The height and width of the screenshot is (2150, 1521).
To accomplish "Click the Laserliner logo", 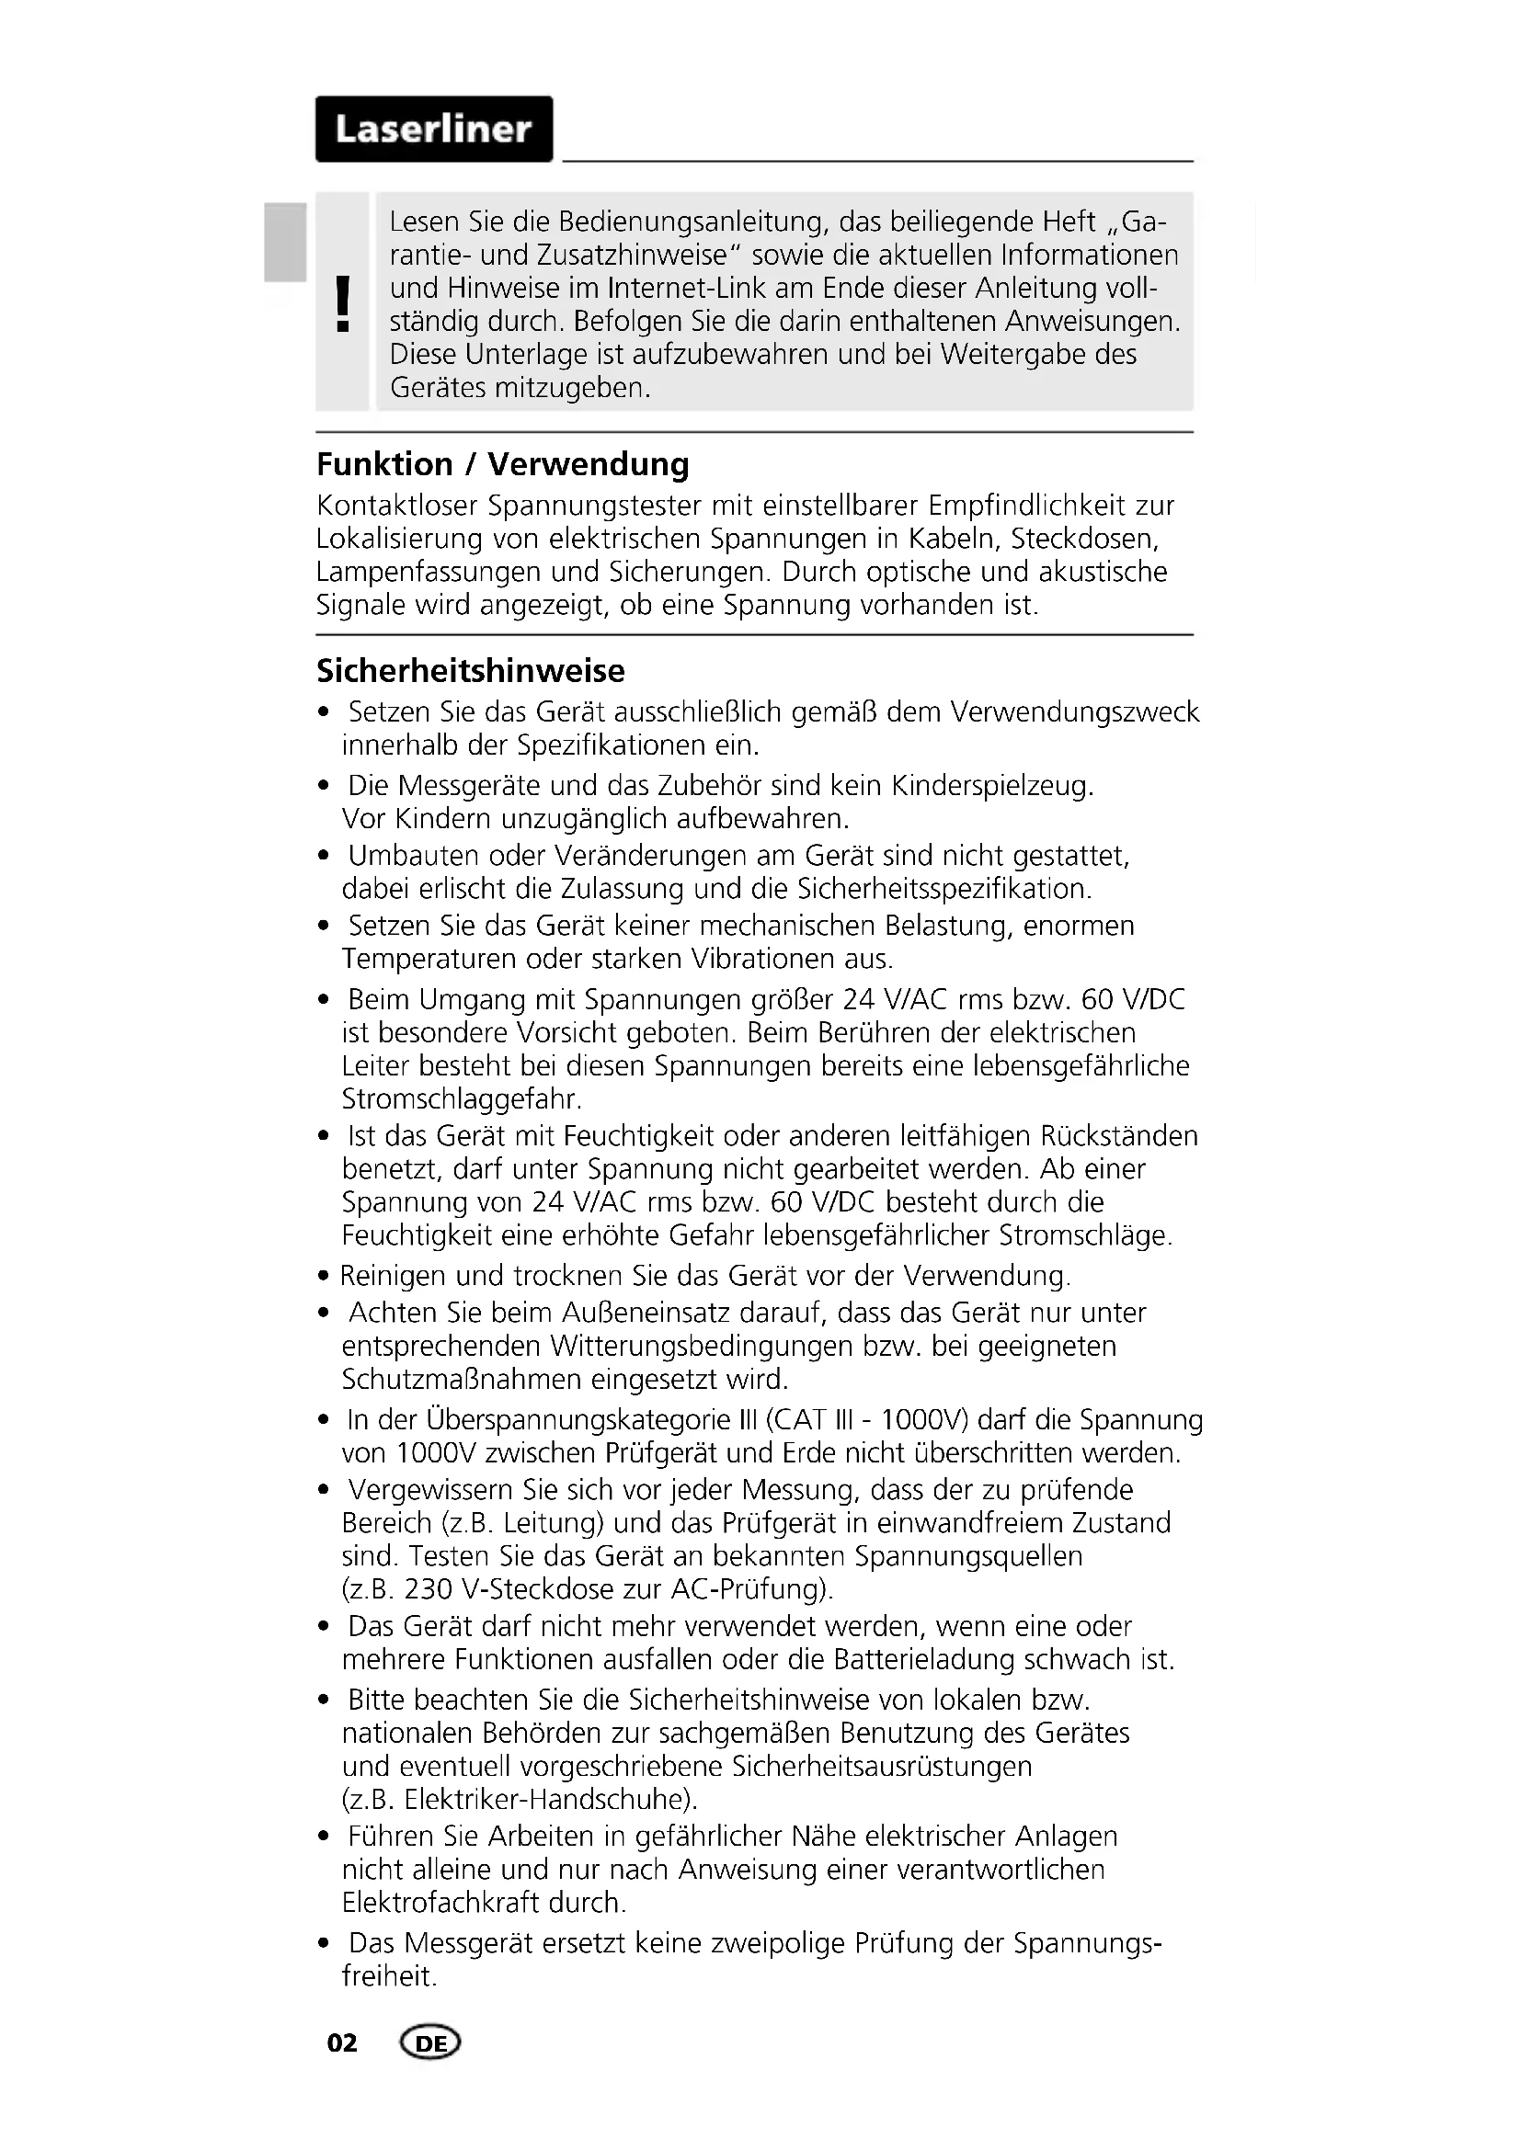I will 434,130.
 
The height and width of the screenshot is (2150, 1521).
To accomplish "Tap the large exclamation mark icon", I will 343,304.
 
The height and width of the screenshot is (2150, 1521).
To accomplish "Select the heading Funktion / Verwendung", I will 502,464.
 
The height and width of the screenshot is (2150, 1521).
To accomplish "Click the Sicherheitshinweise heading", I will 470,671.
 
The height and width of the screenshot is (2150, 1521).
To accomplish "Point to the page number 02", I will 342,2043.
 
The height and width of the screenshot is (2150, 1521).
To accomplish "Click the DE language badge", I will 429,2043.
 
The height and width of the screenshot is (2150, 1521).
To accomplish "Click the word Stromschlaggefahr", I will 461,1098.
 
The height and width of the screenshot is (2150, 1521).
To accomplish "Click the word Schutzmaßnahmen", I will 461,1380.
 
